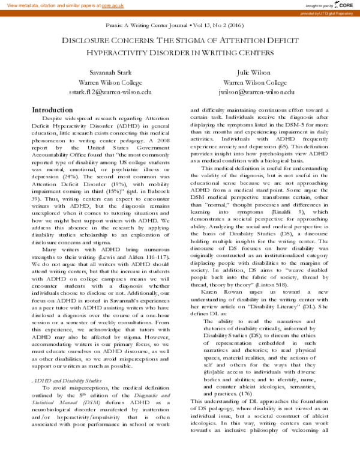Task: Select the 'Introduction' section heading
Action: (52, 110)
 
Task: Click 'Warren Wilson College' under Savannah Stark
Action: (109, 82)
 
